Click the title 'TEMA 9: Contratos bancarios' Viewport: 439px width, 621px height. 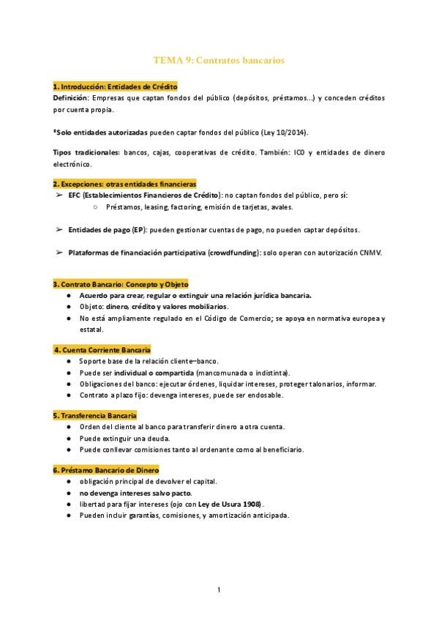click(219, 60)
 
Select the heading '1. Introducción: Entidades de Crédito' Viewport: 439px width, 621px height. click(116, 86)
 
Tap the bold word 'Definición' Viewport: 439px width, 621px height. click(71, 97)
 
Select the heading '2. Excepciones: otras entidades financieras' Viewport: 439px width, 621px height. click(124, 184)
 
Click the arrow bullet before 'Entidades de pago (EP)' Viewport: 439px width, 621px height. click(59, 229)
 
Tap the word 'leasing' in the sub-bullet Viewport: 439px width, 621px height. click(148, 207)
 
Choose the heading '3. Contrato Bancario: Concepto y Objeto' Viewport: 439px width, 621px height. click(121, 284)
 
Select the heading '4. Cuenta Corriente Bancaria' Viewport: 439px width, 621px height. click(103, 350)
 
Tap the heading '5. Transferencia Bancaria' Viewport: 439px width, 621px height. click(95, 415)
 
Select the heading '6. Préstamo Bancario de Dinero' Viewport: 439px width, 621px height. click(105, 469)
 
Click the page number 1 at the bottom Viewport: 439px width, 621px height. click(219, 590)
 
